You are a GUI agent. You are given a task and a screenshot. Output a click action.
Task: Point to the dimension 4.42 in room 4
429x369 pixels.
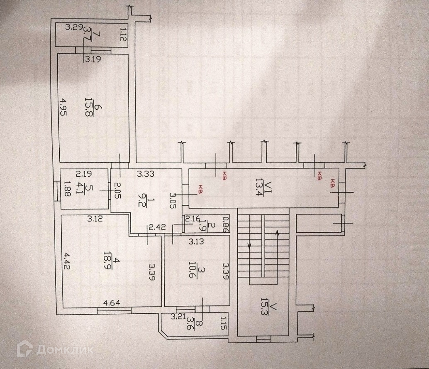point(67,261)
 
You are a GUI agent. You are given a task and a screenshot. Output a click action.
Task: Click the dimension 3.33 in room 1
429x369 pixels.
point(146,174)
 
